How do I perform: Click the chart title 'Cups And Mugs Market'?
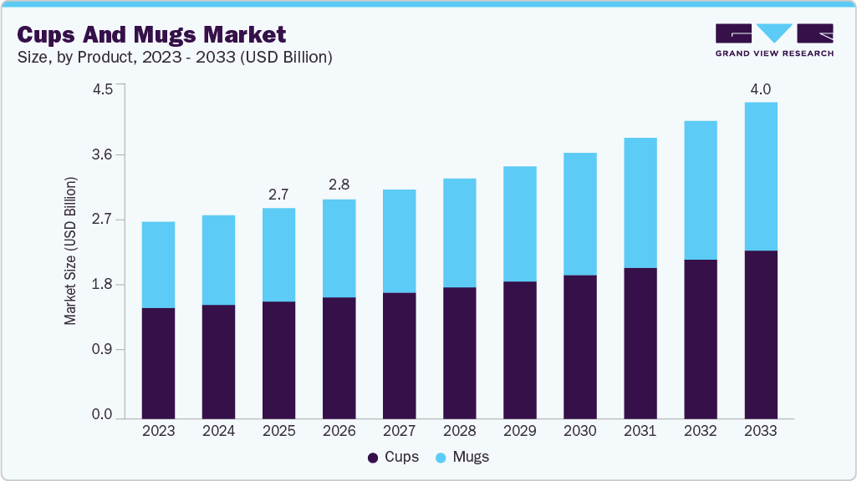tap(151, 34)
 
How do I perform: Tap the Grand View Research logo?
tap(774, 39)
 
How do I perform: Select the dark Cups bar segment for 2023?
tap(158, 362)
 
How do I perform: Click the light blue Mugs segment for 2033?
tap(760, 176)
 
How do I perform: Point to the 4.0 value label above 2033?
tap(760, 89)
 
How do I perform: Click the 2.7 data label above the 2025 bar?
tap(278, 195)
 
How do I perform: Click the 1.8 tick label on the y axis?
tap(103, 285)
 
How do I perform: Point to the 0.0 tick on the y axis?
tap(103, 415)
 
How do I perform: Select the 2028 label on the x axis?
tap(459, 431)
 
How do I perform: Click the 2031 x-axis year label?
tap(640, 431)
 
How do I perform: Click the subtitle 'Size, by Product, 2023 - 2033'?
tap(175, 58)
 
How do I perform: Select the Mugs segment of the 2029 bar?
tap(519, 224)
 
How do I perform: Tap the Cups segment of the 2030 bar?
tap(579, 346)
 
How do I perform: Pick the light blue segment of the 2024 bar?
tap(218, 260)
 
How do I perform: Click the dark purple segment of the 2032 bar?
tap(700, 338)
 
